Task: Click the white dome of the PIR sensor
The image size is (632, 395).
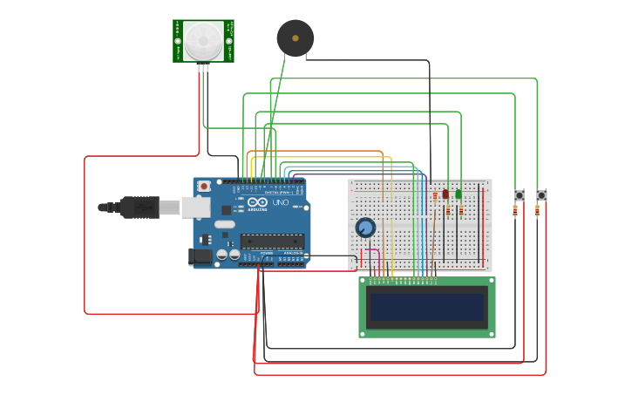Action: pos(203,40)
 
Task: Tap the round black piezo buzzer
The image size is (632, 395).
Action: pos(295,38)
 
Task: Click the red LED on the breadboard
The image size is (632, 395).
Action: pos(445,194)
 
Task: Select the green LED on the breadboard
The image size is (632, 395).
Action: pos(459,194)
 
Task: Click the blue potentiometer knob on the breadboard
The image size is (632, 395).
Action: pos(365,228)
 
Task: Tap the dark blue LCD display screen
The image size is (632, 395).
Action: pos(426,307)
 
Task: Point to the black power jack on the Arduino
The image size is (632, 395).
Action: pos(200,255)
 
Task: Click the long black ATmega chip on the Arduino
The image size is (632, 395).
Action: pos(272,241)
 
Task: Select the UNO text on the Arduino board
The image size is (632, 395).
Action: pos(281,202)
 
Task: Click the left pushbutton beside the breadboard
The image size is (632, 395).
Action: pos(520,195)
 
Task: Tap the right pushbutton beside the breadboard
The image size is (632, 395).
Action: pos(541,195)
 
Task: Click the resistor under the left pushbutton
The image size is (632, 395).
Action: pos(515,210)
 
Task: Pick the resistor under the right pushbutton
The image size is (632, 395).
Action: pos(537,210)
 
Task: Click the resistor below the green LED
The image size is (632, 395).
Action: pos(461,210)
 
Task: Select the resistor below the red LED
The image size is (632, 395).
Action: pos(448,210)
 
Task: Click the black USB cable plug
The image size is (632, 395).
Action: pos(139,207)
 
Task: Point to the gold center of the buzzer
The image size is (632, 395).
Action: pos(295,38)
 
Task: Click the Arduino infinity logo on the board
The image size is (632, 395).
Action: pos(257,203)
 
